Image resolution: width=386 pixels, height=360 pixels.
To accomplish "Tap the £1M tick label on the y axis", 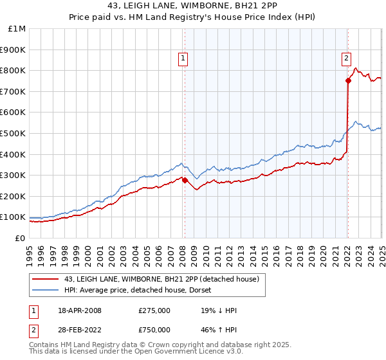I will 17,29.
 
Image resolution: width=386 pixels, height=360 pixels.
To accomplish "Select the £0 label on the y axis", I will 21,238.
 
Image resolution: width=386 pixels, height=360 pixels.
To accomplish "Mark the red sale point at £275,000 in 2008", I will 185,181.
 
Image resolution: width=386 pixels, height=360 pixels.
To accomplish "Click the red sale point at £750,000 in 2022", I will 348,81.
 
